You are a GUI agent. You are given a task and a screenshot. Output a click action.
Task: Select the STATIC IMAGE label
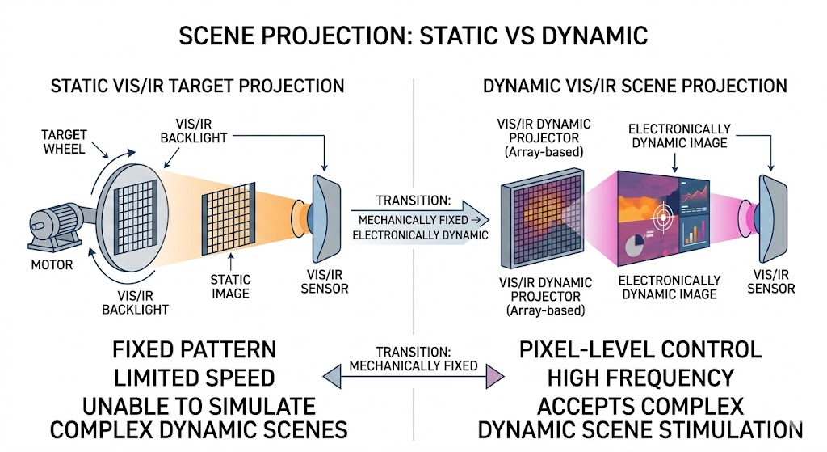[x=230, y=285]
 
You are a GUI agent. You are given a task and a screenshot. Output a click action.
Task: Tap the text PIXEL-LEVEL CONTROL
[x=640, y=350]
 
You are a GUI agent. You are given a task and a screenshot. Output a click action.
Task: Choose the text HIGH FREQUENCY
[x=640, y=378]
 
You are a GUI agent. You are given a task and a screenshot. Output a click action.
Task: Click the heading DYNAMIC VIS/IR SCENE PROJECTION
[x=634, y=86]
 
